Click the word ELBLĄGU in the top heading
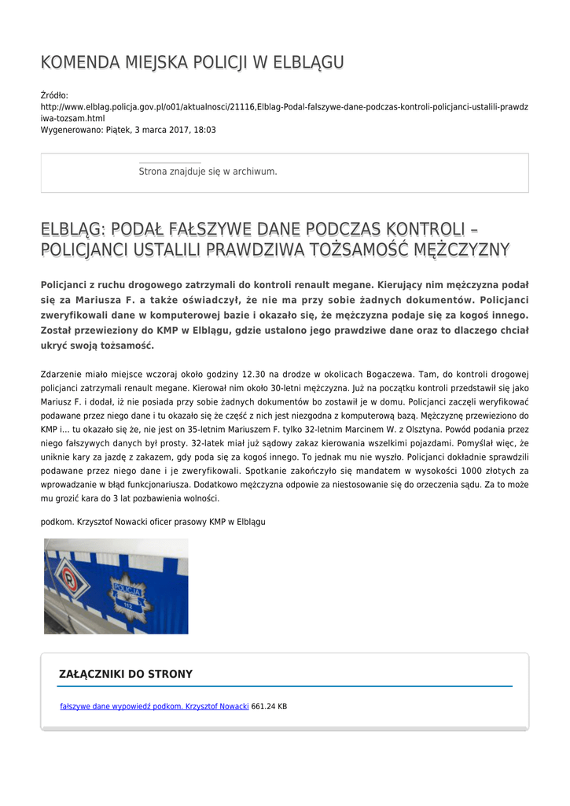click(307, 62)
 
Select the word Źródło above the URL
click(54, 95)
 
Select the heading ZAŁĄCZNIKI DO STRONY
click(126, 674)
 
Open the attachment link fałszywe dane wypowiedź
click(154, 707)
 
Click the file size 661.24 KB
click(269, 707)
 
